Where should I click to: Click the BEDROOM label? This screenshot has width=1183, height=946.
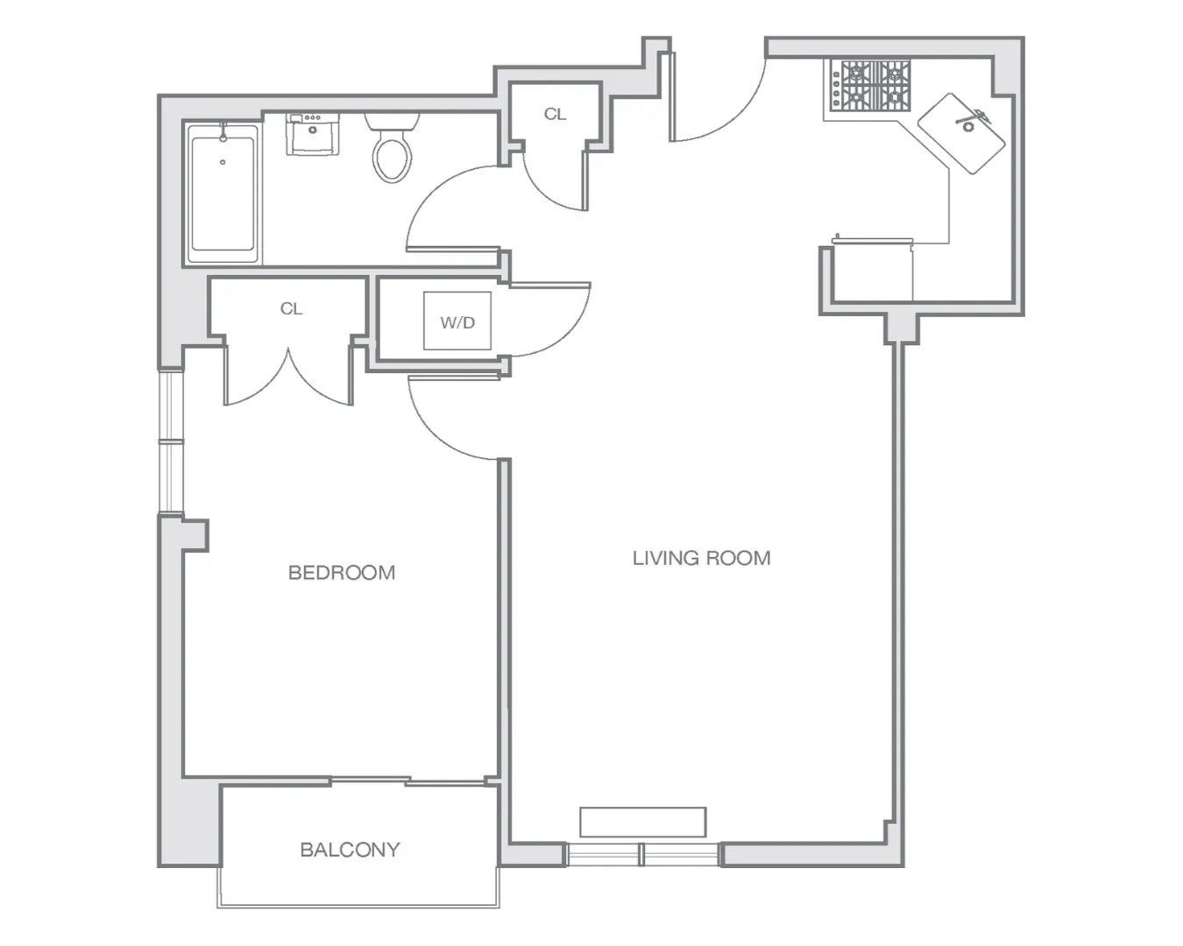tap(342, 573)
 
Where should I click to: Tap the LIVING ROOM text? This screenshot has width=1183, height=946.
tap(701, 558)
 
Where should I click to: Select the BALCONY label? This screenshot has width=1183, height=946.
tap(350, 850)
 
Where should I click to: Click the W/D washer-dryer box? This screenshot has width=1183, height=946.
tap(457, 321)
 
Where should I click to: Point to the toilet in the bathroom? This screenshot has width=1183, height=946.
tap(392, 147)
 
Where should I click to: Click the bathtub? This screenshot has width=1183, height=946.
tap(223, 194)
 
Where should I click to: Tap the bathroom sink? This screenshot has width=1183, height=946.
tap(313, 133)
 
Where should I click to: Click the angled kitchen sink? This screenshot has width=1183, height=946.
tap(962, 133)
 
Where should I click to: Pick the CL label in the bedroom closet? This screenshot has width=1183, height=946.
tap(291, 309)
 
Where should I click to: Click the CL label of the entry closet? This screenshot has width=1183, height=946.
tap(555, 114)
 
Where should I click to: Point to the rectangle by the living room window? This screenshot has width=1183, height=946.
tap(642, 822)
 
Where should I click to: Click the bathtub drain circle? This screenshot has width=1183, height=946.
tap(223, 162)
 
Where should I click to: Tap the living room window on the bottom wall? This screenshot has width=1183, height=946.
tap(642, 855)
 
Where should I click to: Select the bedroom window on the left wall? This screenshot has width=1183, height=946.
tap(171, 441)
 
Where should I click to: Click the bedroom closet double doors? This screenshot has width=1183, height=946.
tap(288, 379)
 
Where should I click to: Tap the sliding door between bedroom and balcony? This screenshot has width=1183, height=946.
tap(409, 780)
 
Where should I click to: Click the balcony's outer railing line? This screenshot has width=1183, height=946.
tap(358, 906)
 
